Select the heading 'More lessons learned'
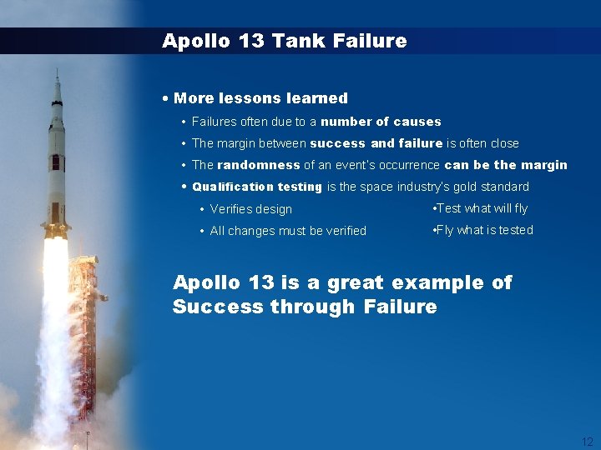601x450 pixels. pos(260,98)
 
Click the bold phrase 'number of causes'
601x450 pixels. pos(381,122)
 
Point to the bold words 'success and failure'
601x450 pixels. pos(376,143)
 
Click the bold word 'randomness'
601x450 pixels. pos(258,165)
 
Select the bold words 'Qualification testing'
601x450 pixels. pos(257,187)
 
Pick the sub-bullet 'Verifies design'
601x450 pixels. pos(250,209)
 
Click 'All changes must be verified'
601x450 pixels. pos(288,231)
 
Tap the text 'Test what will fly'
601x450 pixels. pos(482,208)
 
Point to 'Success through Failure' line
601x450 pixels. pos(305,307)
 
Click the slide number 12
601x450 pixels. pos(588,442)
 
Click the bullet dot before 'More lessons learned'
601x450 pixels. pos(167,98)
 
